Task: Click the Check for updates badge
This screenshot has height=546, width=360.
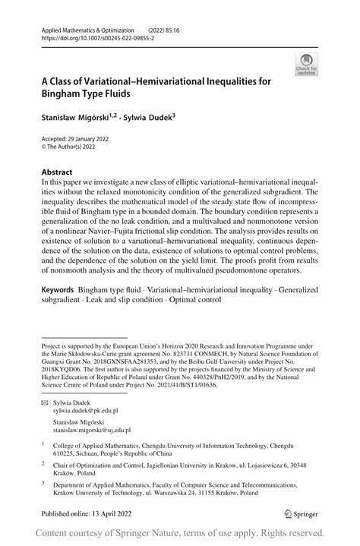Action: click(x=307, y=65)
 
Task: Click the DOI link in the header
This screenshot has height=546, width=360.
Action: click(x=87, y=37)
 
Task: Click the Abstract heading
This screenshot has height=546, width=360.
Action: click(x=57, y=172)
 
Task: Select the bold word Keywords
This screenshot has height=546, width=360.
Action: click(x=58, y=290)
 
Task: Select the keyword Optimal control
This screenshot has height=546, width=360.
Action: click(x=193, y=299)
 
